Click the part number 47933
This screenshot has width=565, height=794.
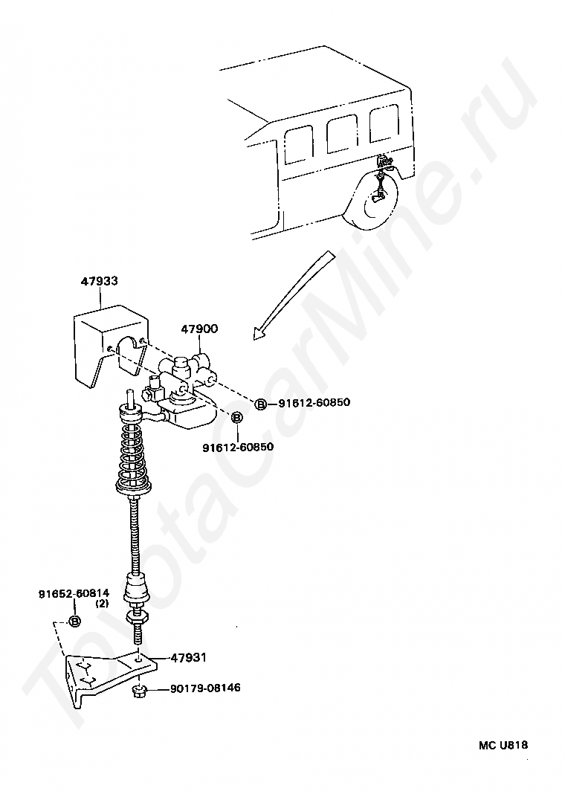99,281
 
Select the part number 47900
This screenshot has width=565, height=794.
199,329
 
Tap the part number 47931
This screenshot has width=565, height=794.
188,658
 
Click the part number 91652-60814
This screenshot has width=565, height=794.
74,593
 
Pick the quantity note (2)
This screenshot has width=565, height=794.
102,603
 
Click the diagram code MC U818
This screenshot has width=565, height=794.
503,745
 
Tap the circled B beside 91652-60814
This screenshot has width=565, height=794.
74,621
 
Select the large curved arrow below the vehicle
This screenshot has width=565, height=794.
293,294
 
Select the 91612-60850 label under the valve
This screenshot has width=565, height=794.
238,447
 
